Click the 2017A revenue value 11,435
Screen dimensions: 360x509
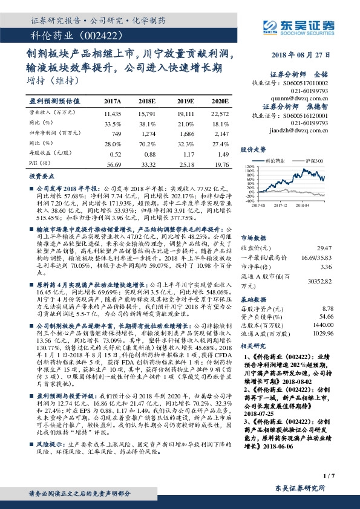[113, 113]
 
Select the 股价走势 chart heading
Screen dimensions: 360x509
[254, 149]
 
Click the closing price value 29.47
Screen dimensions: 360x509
[325, 248]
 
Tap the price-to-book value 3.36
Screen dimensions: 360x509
[327, 267]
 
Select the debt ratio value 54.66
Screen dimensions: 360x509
[326, 316]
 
